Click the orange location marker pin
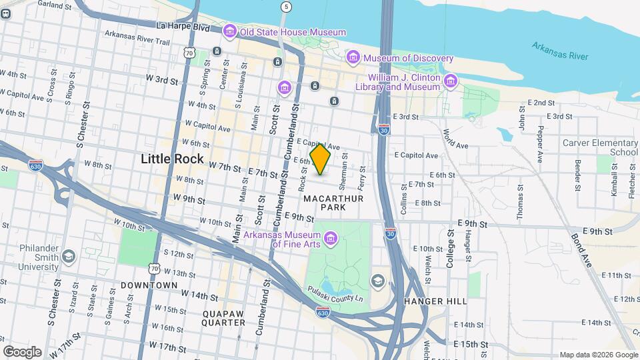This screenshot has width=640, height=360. pos(321,159)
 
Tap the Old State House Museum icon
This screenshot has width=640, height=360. pos(230,31)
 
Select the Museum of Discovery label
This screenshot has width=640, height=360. pos(399,58)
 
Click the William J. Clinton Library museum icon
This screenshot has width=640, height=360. pos(451,81)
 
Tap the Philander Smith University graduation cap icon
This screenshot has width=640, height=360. pos(67,257)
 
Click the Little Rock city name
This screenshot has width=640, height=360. pos(172,159)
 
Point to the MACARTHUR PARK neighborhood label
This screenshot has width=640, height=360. pos(325,203)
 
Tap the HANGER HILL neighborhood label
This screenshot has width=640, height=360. pos(435,301)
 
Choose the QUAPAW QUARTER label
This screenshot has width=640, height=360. pos(223,317)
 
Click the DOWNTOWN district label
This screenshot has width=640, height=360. pos(149,285)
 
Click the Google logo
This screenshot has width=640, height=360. pos(21,352)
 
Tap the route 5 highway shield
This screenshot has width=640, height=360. pos(286,7)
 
